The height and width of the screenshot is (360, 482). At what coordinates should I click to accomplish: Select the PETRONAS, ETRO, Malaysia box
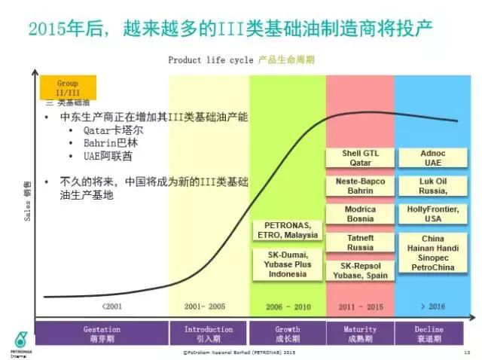click(287, 230)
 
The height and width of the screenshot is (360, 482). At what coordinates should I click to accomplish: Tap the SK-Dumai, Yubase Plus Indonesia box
click(287, 264)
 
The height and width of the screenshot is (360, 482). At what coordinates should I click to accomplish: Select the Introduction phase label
click(209, 334)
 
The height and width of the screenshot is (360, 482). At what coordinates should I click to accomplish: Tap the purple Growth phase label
click(287, 334)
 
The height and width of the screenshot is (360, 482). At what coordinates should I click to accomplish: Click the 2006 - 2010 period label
click(287, 307)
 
